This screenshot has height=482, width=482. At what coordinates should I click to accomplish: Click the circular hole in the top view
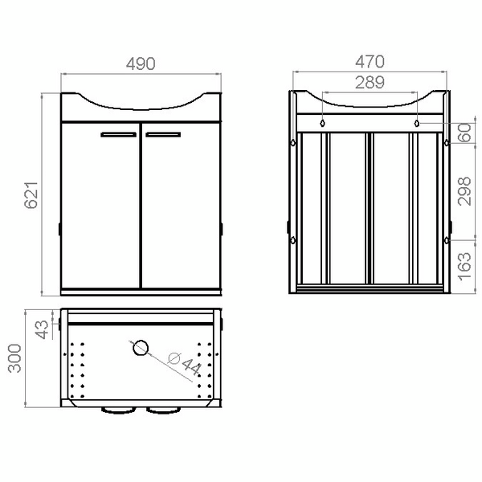pyautogui.click(x=140, y=349)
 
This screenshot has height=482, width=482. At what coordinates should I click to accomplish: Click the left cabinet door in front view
pyautogui.click(x=102, y=209)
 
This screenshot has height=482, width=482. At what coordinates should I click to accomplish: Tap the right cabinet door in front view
pyautogui.click(x=180, y=209)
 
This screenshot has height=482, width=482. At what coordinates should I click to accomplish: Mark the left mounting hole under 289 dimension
pyautogui.click(x=323, y=124)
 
